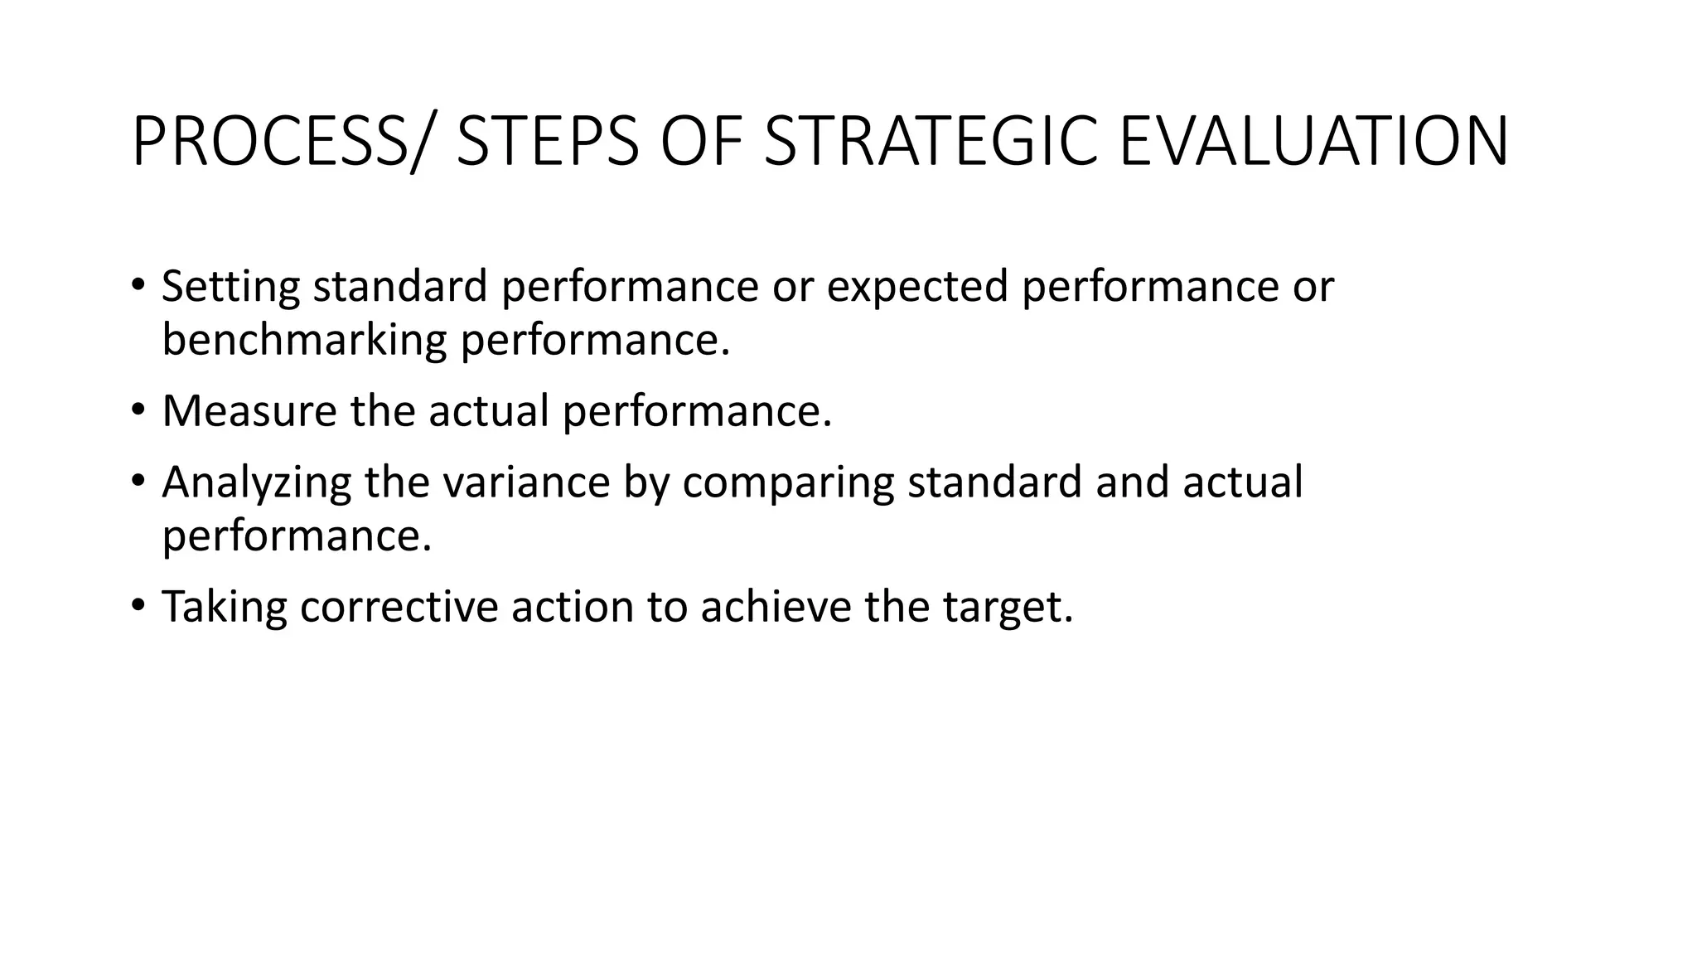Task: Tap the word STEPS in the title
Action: coord(548,143)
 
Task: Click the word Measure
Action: coord(249,411)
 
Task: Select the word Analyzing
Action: coord(257,483)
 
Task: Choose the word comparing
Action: coord(788,483)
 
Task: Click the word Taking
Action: coord(224,607)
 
